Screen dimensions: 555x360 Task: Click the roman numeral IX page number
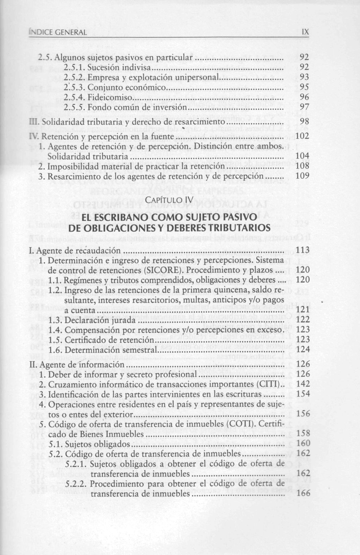point(305,32)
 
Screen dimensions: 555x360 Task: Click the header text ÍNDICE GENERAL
point(57,33)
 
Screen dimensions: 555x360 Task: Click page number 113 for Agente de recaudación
point(303,250)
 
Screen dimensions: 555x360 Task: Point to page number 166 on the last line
point(303,493)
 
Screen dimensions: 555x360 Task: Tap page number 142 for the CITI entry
point(303,384)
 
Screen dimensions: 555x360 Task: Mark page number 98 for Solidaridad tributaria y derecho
point(305,122)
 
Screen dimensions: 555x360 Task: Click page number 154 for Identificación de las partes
point(303,393)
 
